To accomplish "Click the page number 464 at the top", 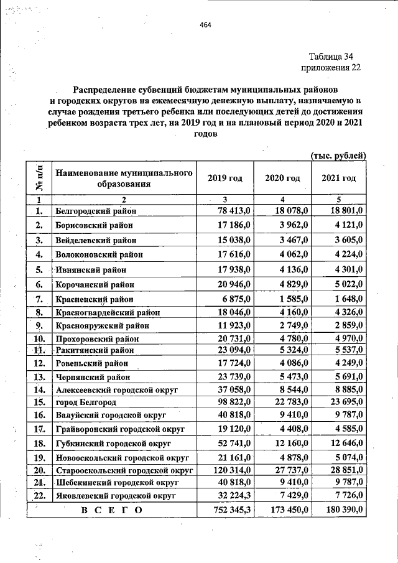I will click(x=206, y=25).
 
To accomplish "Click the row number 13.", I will click(x=39, y=376).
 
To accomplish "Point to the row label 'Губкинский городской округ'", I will click(x=112, y=443).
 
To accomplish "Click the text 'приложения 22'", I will click(x=330, y=67).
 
